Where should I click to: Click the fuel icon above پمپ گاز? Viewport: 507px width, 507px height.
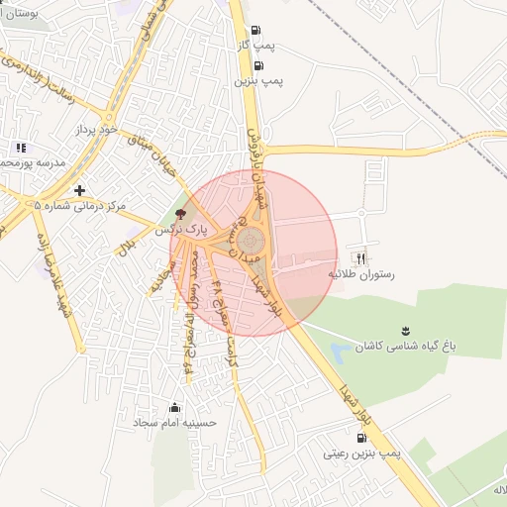[257, 31]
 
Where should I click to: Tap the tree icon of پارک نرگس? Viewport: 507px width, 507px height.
[179, 213]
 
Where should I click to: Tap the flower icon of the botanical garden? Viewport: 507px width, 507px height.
[404, 330]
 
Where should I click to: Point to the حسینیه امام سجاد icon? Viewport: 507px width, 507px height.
[175, 407]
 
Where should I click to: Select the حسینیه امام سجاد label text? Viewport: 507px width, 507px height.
[175, 423]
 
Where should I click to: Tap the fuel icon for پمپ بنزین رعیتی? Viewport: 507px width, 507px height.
[360, 438]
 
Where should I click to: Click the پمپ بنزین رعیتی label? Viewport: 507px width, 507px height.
[361, 454]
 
